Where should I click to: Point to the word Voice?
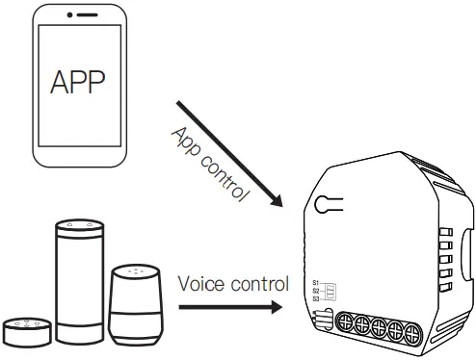(198, 284)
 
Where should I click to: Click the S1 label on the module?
(315, 280)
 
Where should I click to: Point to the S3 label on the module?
(315, 298)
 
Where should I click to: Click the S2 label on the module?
(315, 290)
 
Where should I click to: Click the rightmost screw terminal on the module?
(412, 332)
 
